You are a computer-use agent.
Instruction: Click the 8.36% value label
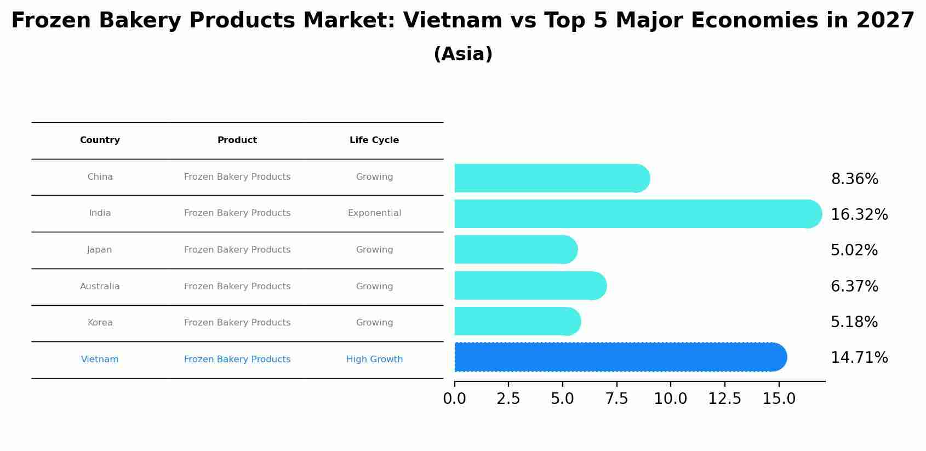pyautogui.click(x=854, y=179)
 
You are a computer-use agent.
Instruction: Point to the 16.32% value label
pyautogui.click(x=859, y=215)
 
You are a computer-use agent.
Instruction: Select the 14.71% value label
pyautogui.click(x=859, y=358)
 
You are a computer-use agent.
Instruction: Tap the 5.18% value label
pyautogui.click(x=854, y=322)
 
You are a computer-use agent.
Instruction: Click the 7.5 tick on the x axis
pyautogui.click(x=616, y=398)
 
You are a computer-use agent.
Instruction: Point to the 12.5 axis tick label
pyautogui.click(x=724, y=398)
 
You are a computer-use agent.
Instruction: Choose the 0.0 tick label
pyautogui.click(x=454, y=398)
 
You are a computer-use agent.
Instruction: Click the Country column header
pyautogui.click(x=100, y=140)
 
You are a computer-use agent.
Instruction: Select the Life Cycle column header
pyautogui.click(x=374, y=140)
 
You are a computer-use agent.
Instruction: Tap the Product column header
pyautogui.click(x=237, y=140)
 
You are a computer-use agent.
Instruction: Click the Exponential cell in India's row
pyautogui.click(x=374, y=213)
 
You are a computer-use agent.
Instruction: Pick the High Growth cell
pyautogui.click(x=374, y=359)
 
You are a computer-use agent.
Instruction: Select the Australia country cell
pyautogui.click(x=100, y=287)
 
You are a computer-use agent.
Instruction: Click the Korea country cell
pyautogui.click(x=100, y=323)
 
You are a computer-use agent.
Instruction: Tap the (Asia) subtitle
pyautogui.click(x=463, y=54)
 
